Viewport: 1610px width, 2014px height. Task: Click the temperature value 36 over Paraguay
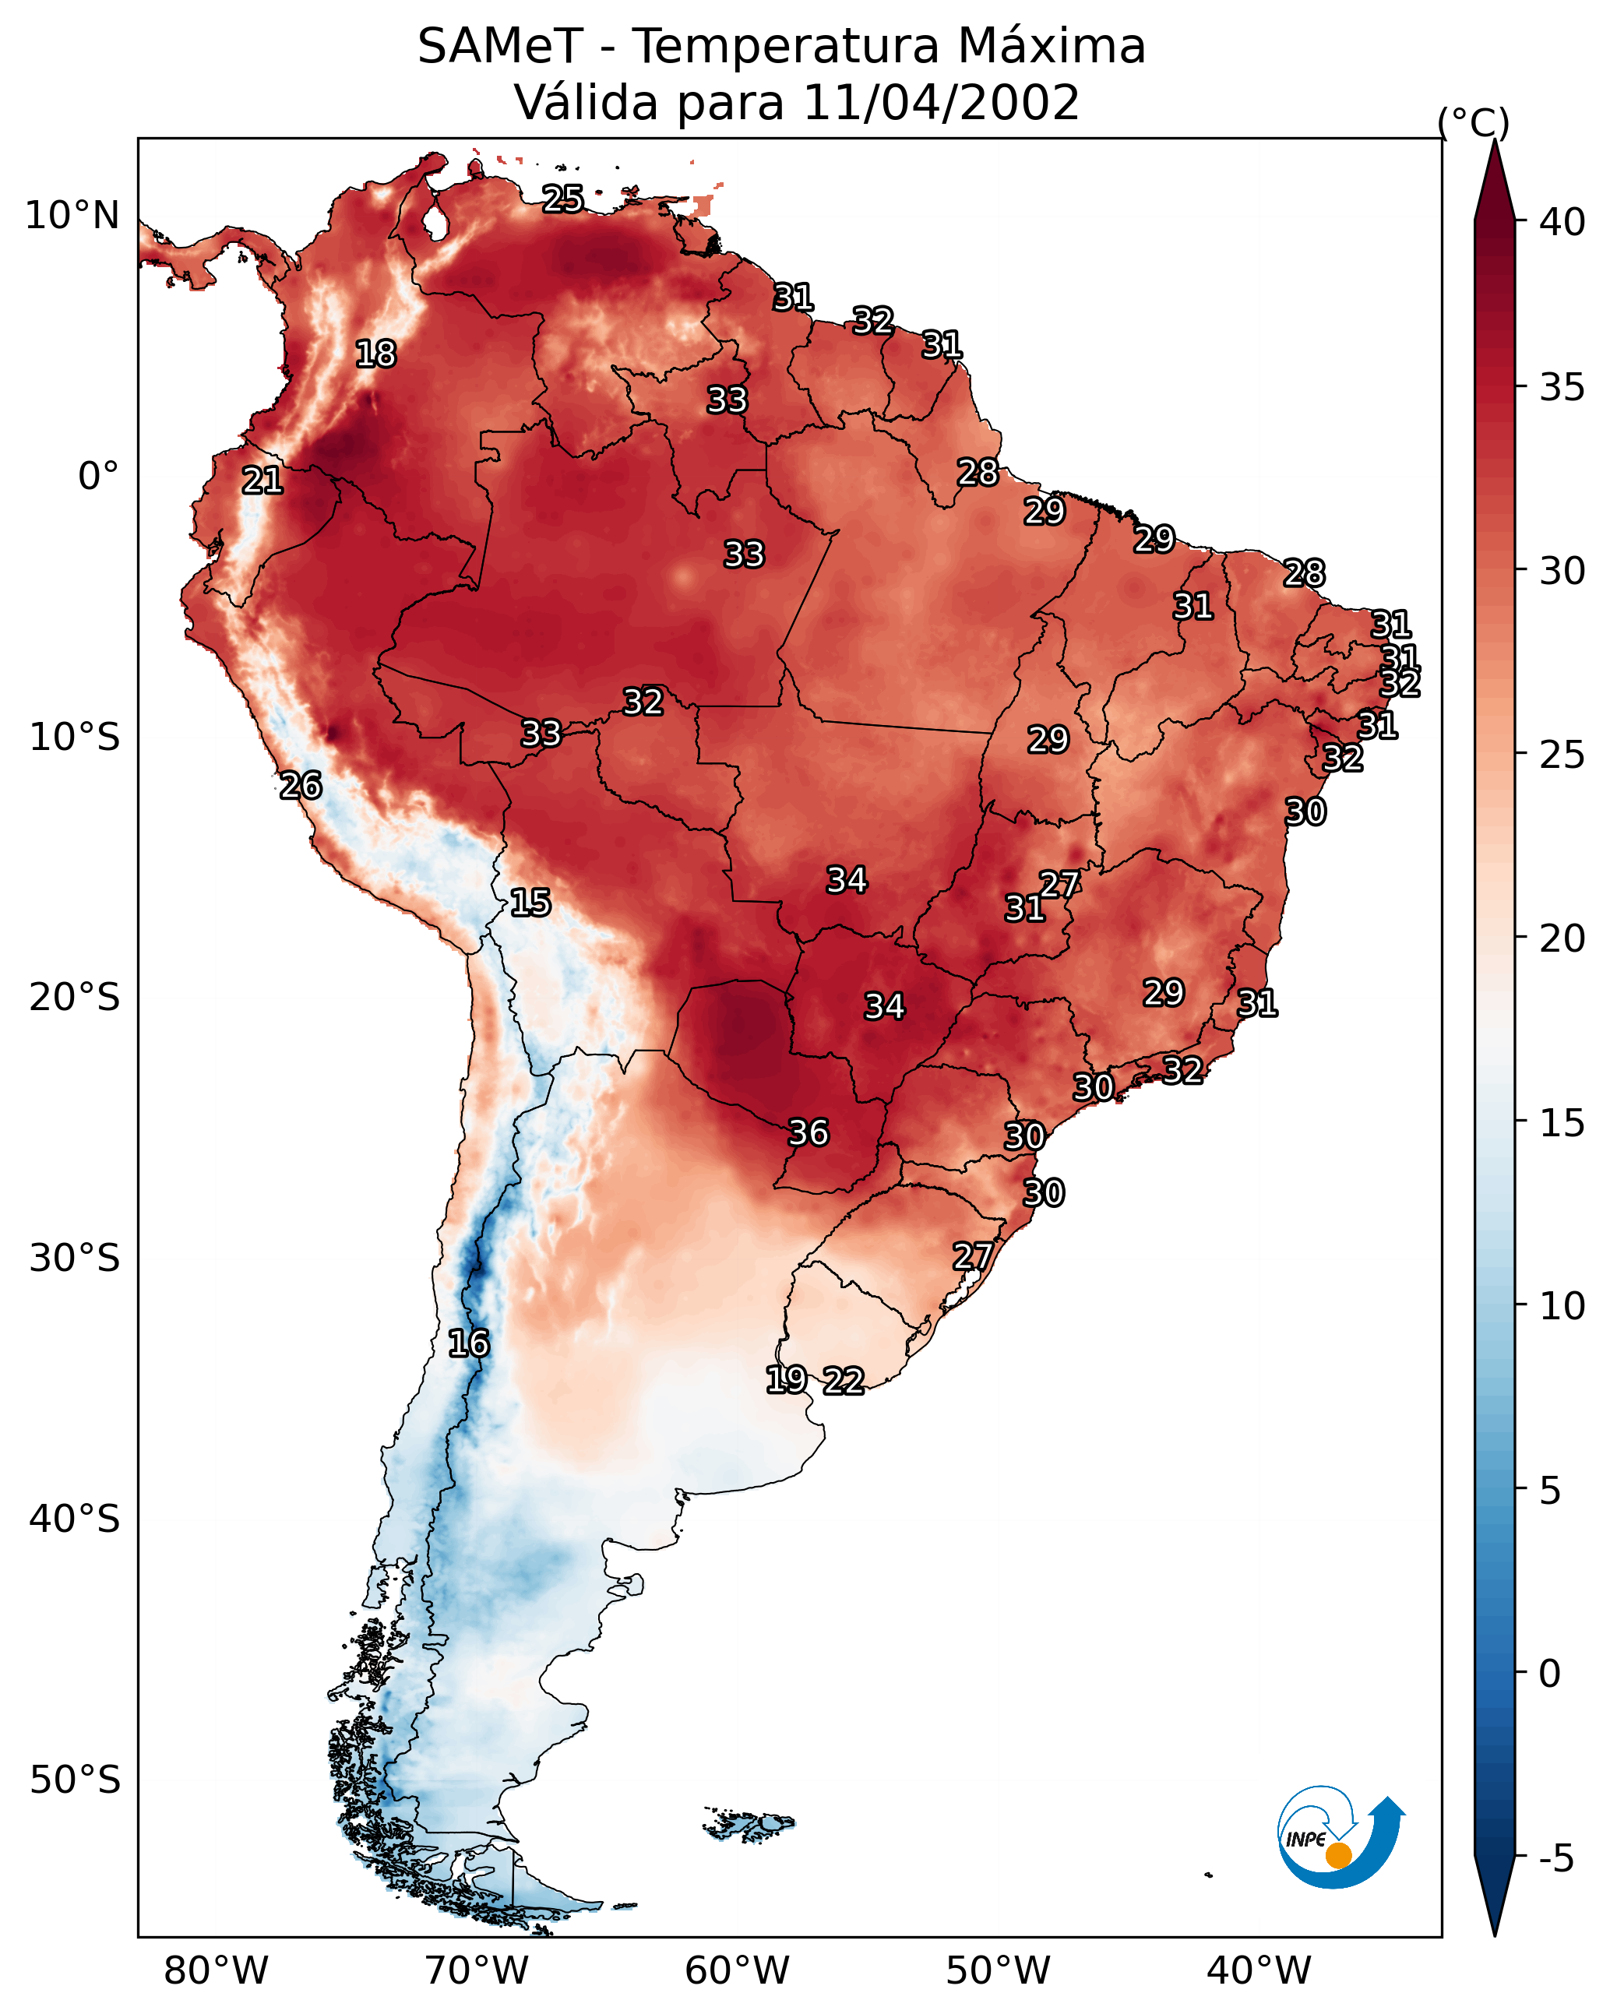tap(809, 1133)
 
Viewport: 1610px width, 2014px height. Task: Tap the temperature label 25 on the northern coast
tap(562, 199)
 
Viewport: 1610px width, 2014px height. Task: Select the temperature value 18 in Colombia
tap(375, 354)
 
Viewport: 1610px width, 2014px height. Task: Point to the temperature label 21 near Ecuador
tap(262, 481)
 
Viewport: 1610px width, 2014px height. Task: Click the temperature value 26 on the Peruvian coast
tap(301, 786)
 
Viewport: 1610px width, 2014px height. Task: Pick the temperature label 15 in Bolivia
tap(530, 903)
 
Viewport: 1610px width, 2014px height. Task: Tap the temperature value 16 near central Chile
tap(468, 1343)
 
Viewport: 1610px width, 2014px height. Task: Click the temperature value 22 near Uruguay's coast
tap(843, 1381)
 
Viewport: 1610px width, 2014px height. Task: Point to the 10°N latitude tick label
tap(72, 216)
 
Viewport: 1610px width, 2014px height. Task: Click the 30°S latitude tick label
tap(75, 1259)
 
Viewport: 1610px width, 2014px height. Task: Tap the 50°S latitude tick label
tap(75, 1780)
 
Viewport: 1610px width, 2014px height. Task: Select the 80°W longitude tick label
tap(216, 1971)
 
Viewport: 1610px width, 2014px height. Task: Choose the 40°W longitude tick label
tap(1259, 1971)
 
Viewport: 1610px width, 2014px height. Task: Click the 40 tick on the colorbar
tap(1562, 222)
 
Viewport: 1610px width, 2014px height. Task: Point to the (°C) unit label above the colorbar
tap(1474, 122)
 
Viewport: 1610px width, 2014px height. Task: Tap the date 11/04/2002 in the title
tap(940, 103)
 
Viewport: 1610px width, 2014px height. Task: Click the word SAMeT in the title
tap(500, 47)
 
